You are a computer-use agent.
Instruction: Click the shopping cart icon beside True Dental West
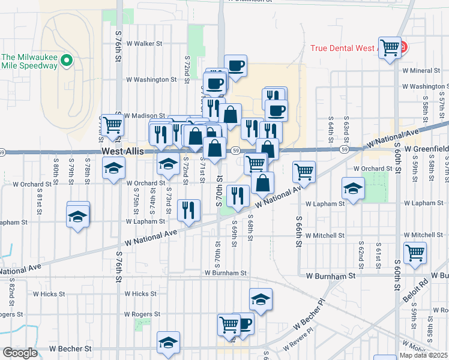pyautogui.click(x=390, y=48)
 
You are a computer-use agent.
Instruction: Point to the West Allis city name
pyautogui.click(x=122, y=152)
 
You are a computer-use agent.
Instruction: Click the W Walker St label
pyautogui.click(x=144, y=44)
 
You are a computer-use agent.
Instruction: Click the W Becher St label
pyautogui.click(x=70, y=348)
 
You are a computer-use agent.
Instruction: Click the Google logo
pyautogui.click(x=20, y=353)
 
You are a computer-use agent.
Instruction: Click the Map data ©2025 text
pyautogui.click(x=423, y=355)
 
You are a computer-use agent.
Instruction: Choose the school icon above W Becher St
pyautogui.click(x=169, y=343)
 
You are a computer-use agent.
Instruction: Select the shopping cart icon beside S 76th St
pyautogui.click(x=112, y=125)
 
